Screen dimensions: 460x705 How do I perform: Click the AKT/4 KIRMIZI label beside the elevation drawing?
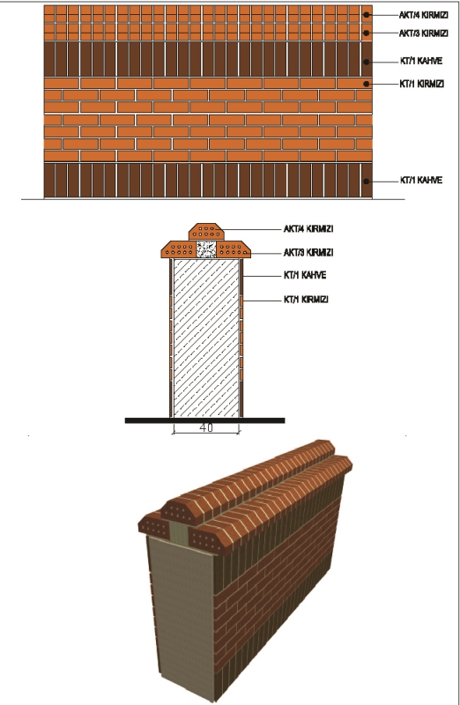tap(423, 15)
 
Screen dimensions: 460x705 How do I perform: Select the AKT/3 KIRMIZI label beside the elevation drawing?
tap(423, 33)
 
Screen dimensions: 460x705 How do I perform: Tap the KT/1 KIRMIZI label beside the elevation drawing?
tap(422, 84)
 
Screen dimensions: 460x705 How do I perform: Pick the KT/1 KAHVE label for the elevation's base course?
tap(421, 181)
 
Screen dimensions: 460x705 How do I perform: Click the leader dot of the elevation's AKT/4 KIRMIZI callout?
tap(367, 15)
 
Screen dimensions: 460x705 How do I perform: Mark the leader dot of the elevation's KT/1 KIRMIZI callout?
tap(367, 84)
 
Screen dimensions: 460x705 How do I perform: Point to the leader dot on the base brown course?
tap(367, 182)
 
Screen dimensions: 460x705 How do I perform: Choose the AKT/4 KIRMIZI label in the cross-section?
tap(308, 229)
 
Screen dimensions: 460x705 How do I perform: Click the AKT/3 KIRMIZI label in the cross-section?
tap(308, 253)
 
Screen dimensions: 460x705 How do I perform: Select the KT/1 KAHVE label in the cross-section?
tap(304, 275)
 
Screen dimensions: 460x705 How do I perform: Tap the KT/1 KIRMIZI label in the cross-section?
tap(306, 300)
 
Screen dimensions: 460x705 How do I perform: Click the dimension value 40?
tap(206, 427)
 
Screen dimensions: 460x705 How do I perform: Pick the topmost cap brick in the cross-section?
tap(206, 232)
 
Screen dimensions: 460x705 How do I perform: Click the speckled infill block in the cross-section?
tap(206, 249)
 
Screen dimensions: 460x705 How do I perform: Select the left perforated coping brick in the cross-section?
tap(179, 249)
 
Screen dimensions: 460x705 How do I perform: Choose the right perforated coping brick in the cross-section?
tap(234, 249)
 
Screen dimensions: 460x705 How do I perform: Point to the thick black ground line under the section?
tap(204, 420)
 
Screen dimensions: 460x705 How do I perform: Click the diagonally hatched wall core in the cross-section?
tap(206, 338)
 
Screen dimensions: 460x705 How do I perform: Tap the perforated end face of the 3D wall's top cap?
tap(181, 511)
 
